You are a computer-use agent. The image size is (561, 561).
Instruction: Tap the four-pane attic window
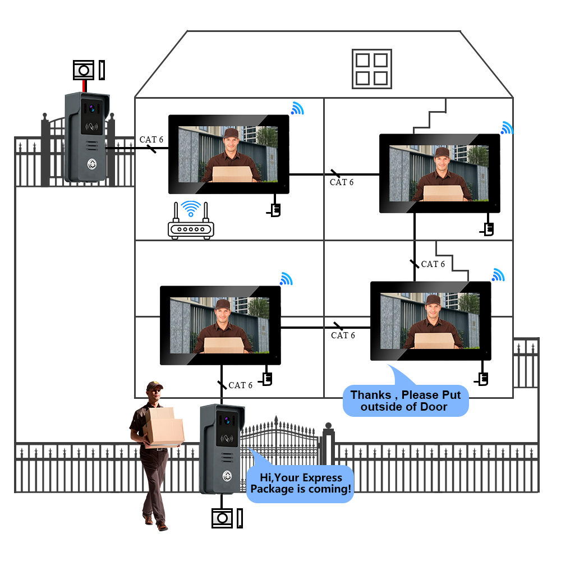pos(371,69)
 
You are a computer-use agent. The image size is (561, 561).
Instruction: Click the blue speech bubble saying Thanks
pos(405,401)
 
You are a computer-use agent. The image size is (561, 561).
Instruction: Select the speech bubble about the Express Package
pos(301,484)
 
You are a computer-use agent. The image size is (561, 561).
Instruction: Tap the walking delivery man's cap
pos(154,386)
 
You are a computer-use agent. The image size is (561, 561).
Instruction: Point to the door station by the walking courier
pos(222,449)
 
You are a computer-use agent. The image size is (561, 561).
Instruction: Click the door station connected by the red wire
pos(86,137)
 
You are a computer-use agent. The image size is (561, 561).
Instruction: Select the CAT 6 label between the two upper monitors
pos(342,182)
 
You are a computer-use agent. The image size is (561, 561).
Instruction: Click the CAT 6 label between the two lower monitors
pos(343,335)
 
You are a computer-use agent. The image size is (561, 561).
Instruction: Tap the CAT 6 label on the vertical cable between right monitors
pos(433,264)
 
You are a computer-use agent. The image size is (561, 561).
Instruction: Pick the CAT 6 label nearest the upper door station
pos(151,139)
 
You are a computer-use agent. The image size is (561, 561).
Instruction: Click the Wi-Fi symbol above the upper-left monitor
pos(297,108)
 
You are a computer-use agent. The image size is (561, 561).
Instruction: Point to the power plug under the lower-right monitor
pos(482,379)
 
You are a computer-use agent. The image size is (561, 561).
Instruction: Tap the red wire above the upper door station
pos(85,86)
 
